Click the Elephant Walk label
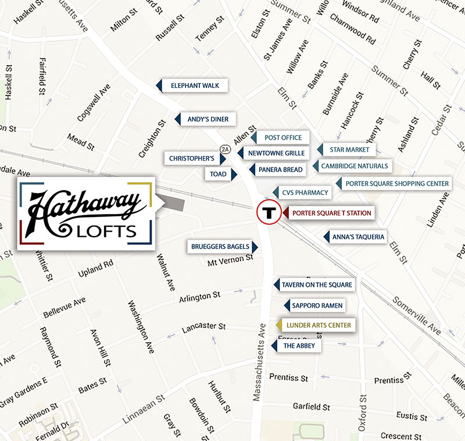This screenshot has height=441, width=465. [195, 86]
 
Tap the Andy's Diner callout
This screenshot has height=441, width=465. [208, 119]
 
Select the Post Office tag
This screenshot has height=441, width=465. [283, 137]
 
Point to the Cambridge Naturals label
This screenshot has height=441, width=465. [354, 166]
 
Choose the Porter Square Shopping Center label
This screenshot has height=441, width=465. [397, 183]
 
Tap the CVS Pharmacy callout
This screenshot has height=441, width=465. [305, 193]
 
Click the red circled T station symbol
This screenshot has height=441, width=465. [268, 213]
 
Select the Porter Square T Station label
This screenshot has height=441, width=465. [331, 213]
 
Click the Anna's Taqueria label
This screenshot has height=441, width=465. [358, 237]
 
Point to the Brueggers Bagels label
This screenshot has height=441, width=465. [220, 247]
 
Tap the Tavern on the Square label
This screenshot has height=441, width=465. [317, 284]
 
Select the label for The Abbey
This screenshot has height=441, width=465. [299, 346]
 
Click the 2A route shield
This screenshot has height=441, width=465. [225, 150]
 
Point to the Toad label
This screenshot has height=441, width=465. [219, 173]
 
